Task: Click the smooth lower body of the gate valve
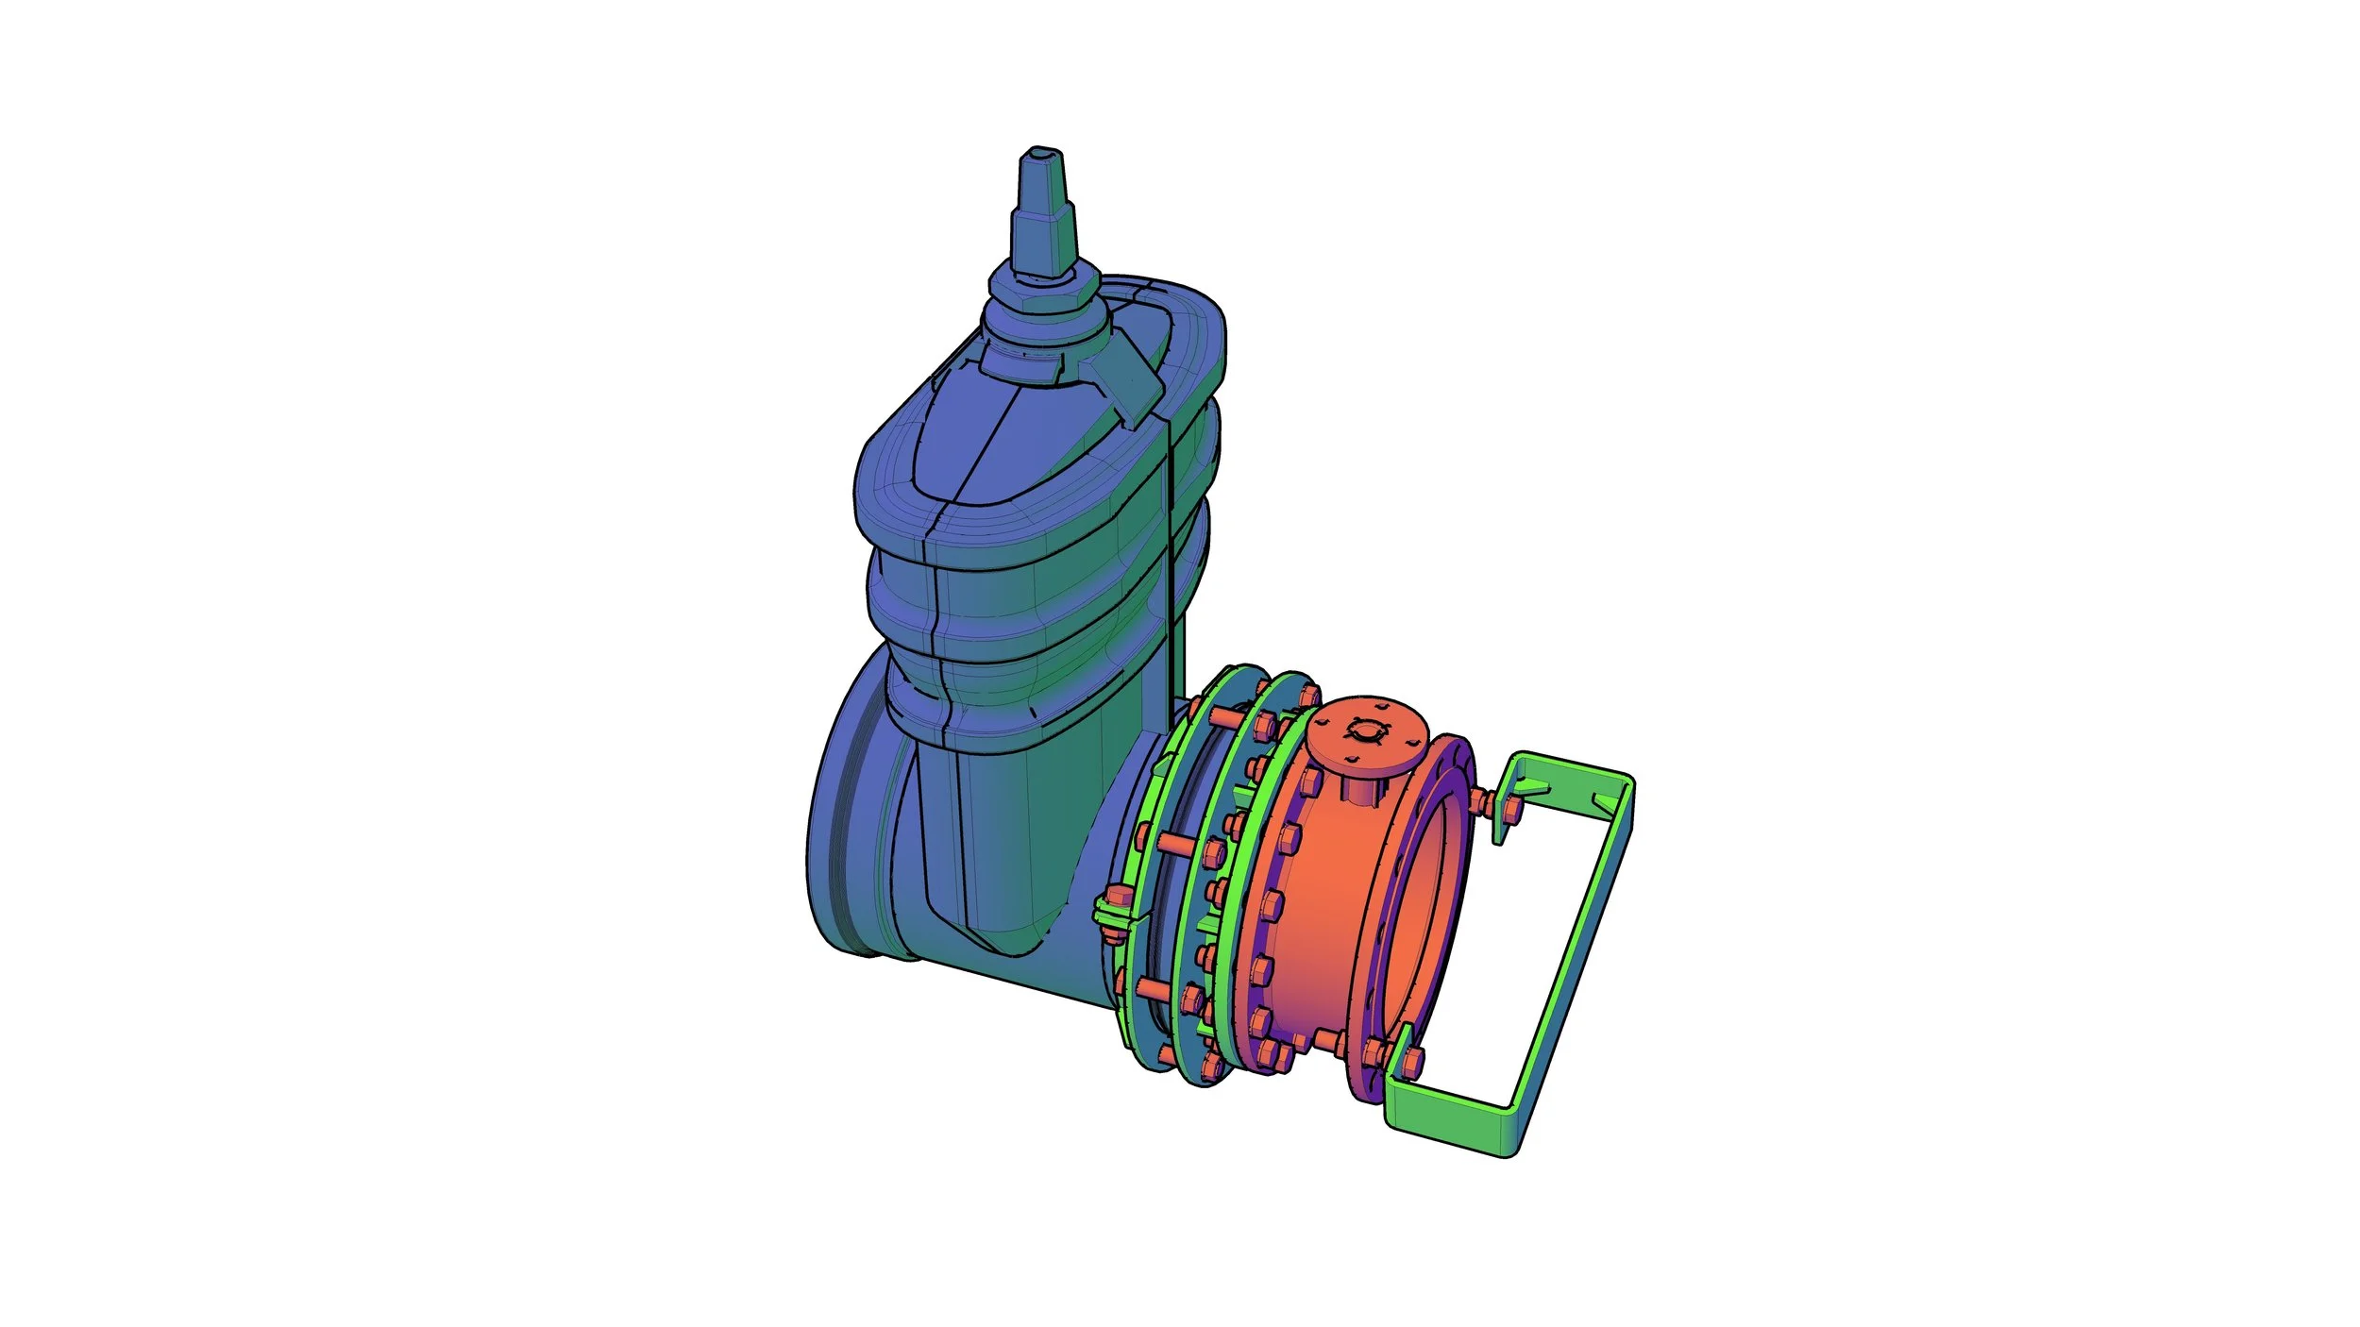click(x=1001, y=849)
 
